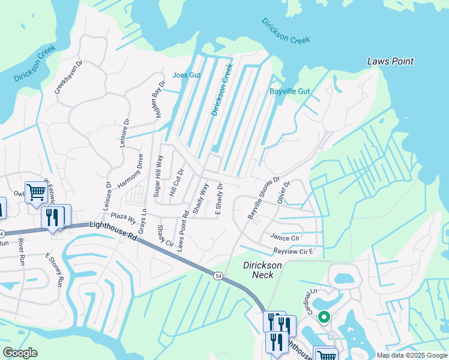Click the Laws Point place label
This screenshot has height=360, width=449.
click(390, 61)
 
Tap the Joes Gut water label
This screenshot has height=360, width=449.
click(186, 75)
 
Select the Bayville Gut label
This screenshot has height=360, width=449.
click(289, 91)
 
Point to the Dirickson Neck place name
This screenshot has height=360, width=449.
click(258, 269)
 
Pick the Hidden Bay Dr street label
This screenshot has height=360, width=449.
click(159, 100)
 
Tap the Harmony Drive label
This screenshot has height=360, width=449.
click(131, 171)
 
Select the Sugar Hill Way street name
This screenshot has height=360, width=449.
click(158, 176)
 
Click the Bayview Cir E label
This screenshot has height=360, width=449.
click(294, 250)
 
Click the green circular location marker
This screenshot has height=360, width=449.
click(324, 317)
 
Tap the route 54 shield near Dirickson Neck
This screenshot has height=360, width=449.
click(216, 275)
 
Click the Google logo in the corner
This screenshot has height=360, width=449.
click(20, 353)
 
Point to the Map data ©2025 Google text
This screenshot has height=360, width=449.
click(411, 355)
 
